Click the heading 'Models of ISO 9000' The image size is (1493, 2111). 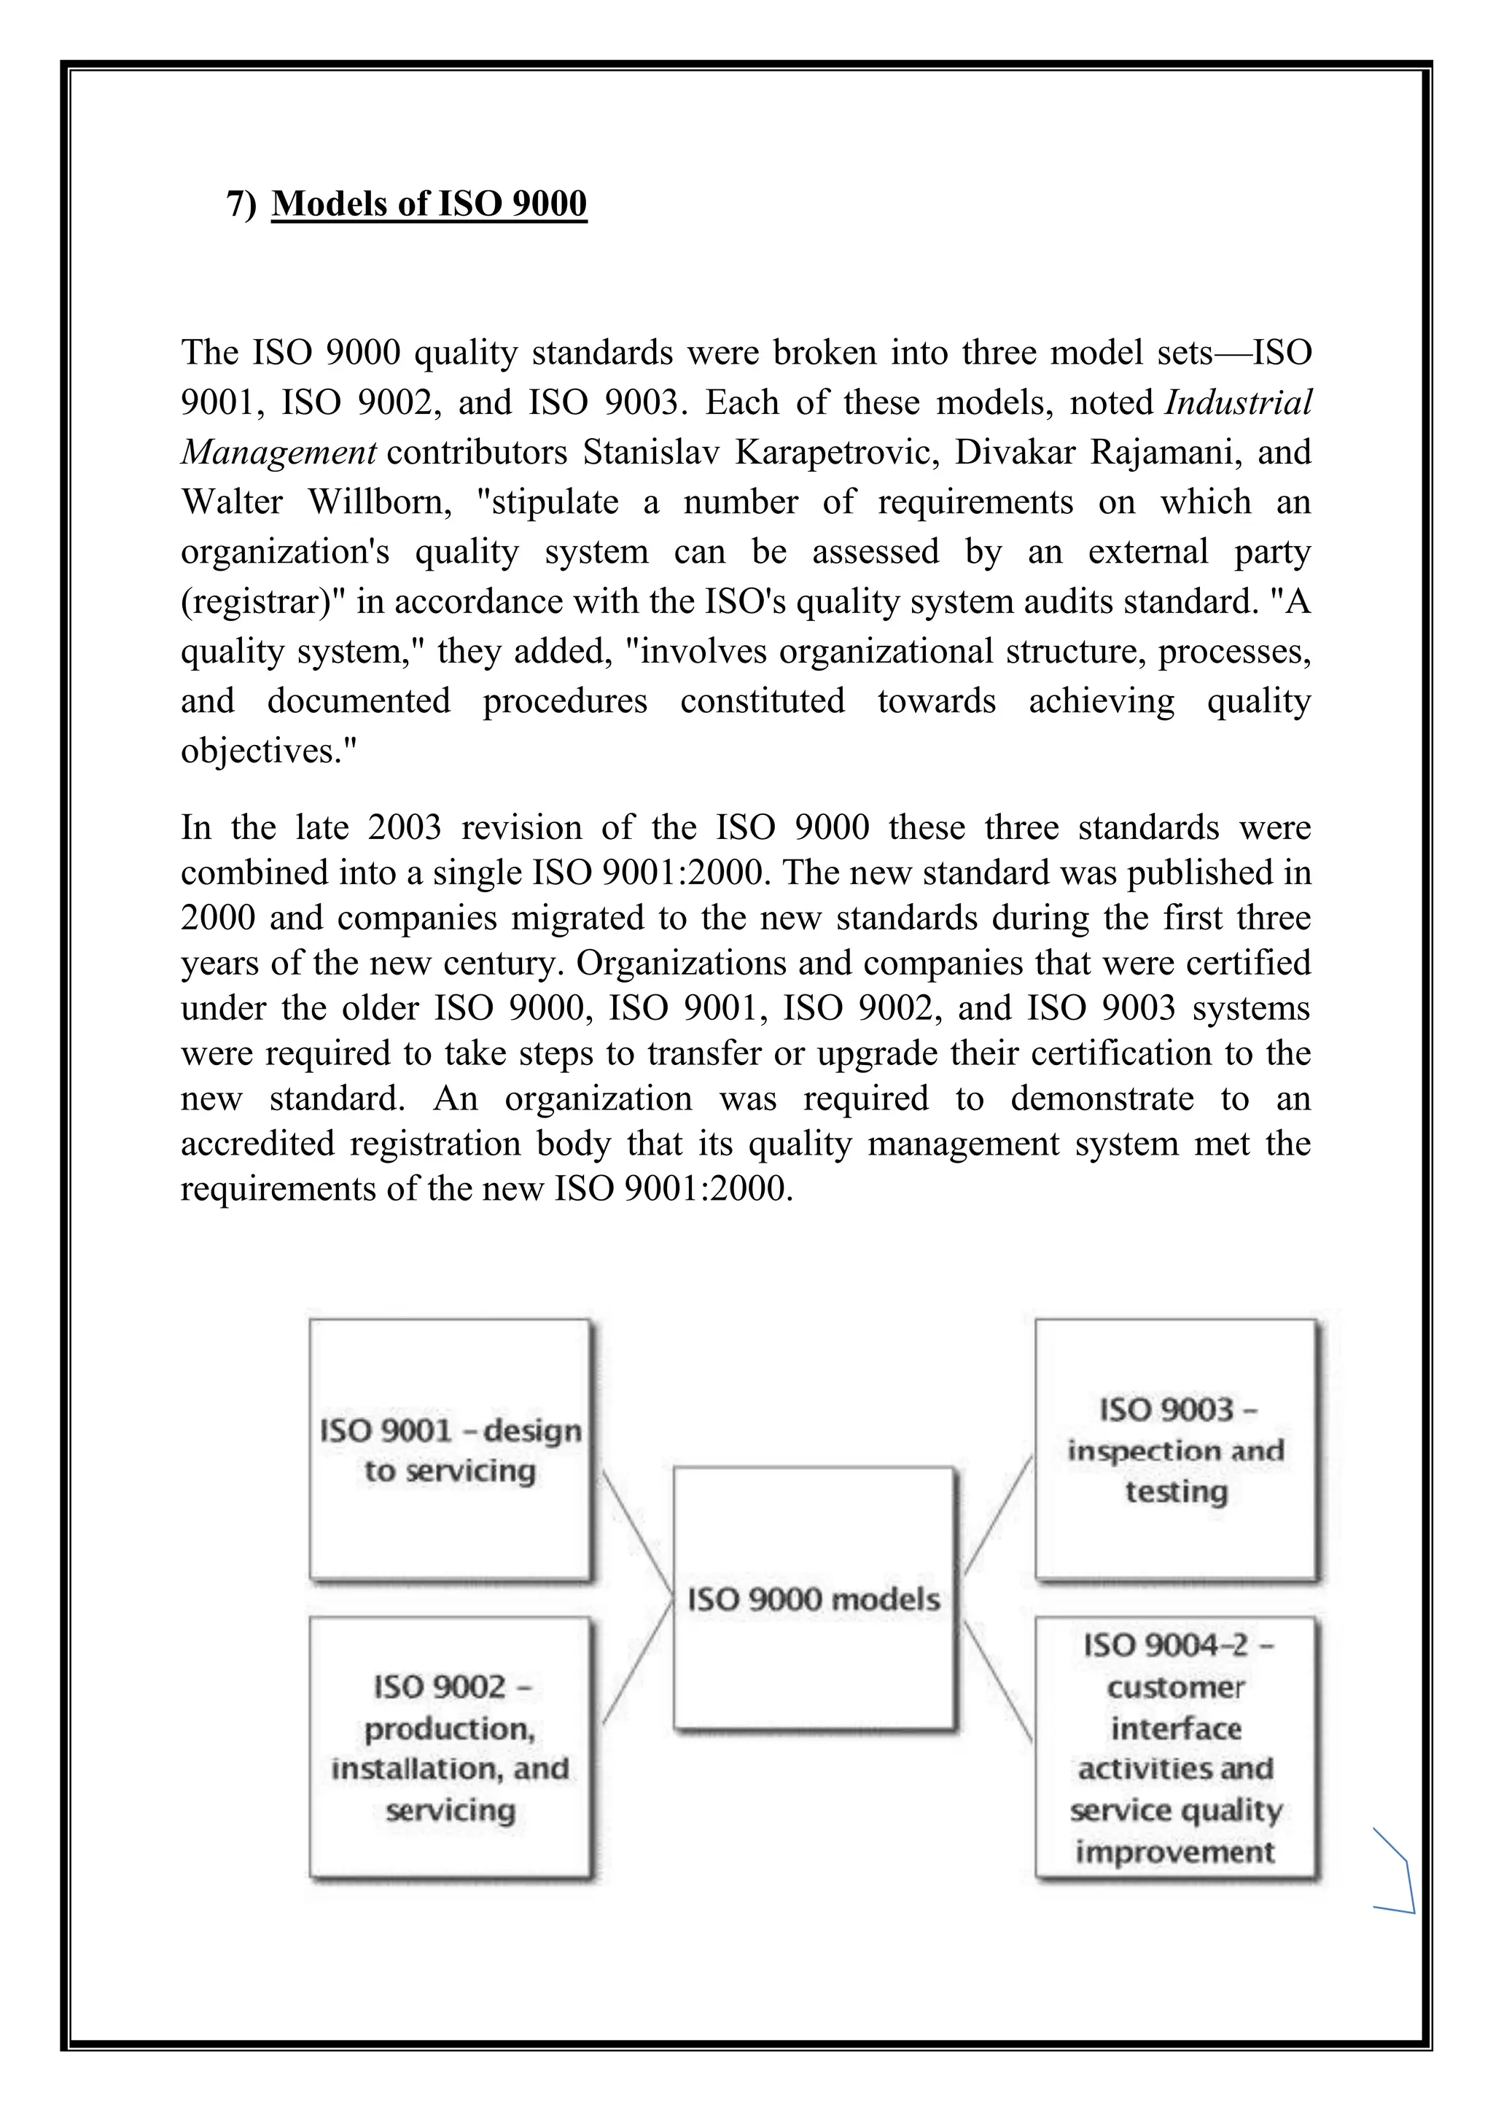[429, 203]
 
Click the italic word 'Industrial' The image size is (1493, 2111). [1239, 402]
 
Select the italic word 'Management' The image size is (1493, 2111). [278, 453]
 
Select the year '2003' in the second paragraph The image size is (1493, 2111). [405, 827]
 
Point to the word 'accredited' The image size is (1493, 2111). [257, 1143]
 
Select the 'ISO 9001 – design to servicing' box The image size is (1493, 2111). [450, 1450]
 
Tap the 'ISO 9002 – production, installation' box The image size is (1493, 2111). [450, 1747]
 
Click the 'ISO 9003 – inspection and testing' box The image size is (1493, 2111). [1176, 1450]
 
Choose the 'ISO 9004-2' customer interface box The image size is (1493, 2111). [1176, 1747]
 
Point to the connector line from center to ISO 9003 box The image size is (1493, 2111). [997, 1517]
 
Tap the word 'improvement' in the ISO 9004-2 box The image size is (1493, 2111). [1175, 1851]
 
